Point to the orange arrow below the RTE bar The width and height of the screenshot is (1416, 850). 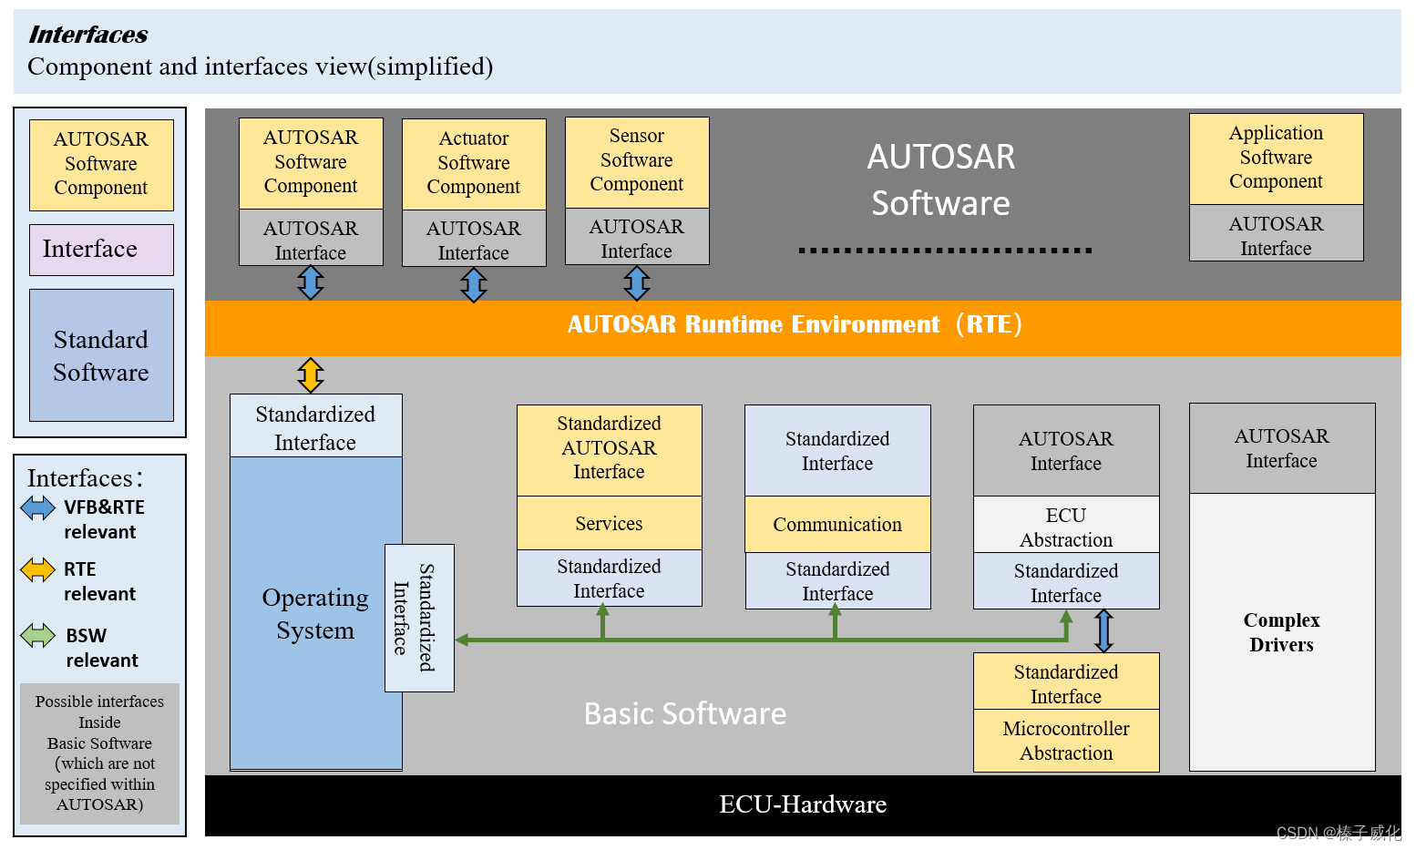pyautogui.click(x=311, y=374)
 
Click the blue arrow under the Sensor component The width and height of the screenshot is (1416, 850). pyautogui.click(x=637, y=283)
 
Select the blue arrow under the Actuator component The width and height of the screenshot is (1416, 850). pyautogui.click(x=474, y=284)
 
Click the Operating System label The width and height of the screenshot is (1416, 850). pyautogui.click(x=315, y=614)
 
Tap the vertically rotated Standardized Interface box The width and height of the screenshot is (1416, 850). pyautogui.click(x=419, y=618)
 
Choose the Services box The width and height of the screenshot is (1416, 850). pyautogui.click(x=609, y=524)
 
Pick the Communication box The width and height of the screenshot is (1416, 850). pyautogui.click(x=837, y=525)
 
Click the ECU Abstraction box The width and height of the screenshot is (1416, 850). pyautogui.click(x=1066, y=527)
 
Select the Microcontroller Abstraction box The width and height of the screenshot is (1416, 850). pyautogui.click(x=1066, y=741)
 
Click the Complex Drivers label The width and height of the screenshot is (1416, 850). pyautogui.click(x=1281, y=632)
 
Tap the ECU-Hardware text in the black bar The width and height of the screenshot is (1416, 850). pyautogui.click(x=803, y=804)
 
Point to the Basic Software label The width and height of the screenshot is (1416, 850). pyautogui.click(x=684, y=713)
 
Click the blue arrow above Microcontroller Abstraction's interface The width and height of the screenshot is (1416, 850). pyautogui.click(x=1103, y=630)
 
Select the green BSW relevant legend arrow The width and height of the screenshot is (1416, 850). pyautogui.click(x=38, y=635)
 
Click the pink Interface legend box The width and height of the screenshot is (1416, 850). pyautogui.click(x=101, y=250)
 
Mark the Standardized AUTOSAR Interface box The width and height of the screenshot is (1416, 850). pyautogui.click(x=609, y=448)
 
